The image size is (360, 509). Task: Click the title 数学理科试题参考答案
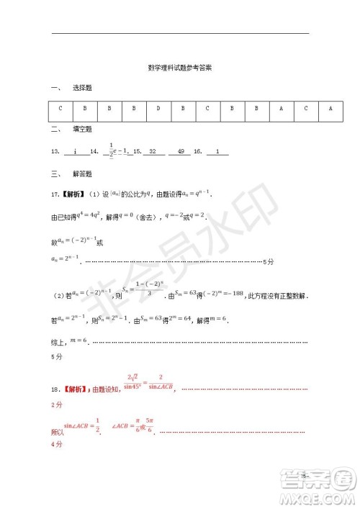click(x=179, y=69)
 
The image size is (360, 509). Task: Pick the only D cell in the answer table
click(x=158, y=109)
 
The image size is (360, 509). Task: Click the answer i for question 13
click(x=75, y=153)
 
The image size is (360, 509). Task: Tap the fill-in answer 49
click(x=180, y=153)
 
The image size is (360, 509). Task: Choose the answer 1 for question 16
click(x=218, y=153)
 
